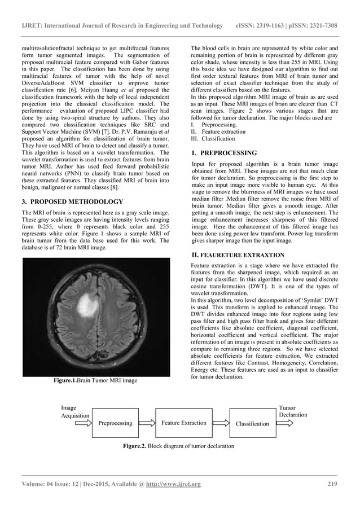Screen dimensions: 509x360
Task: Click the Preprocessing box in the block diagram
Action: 115,423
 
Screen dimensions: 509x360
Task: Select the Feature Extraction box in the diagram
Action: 183,423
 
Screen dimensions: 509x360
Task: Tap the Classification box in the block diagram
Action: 252,423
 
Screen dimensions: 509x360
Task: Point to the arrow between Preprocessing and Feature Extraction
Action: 147,423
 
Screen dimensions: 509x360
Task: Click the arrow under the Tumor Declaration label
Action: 285,423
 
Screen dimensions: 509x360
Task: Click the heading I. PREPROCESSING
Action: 224,153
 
